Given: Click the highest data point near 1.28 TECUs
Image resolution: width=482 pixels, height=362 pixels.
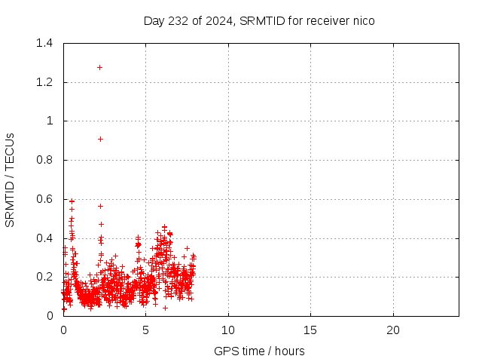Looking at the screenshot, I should (99, 67).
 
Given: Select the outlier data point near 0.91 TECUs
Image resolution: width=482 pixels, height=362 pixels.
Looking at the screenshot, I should (100, 139).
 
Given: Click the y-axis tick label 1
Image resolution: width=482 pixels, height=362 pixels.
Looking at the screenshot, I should (50, 121).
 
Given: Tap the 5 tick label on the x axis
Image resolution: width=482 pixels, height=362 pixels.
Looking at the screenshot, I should (146, 330).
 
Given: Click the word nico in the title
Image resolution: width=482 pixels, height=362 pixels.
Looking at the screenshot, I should (362, 20).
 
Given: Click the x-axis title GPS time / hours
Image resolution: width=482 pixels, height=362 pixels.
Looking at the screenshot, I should (260, 351).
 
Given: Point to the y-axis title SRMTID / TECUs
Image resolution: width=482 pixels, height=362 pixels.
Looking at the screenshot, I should (11, 179).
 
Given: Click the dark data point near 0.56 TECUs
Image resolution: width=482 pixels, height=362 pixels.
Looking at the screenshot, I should (100, 206).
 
